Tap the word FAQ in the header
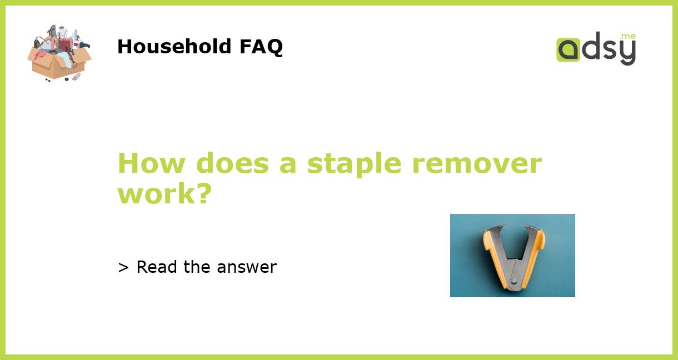click(261, 47)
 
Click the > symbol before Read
click(123, 267)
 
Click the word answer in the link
click(247, 267)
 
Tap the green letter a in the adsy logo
click(568, 49)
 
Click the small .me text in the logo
click(628, 37)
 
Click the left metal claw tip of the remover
click(487, 228)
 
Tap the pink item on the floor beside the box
click(76, 77)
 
